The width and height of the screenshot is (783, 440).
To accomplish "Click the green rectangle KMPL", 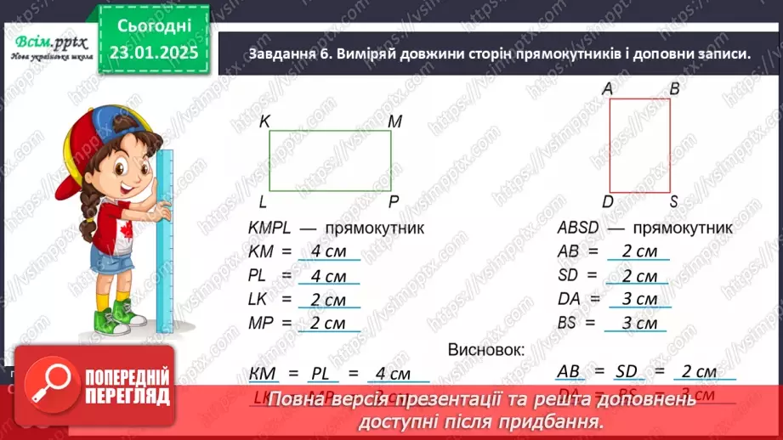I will tap(331, 161).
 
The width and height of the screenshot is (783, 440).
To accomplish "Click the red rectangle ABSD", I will tap(639, 145).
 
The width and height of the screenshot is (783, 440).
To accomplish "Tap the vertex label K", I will tap(264, 121).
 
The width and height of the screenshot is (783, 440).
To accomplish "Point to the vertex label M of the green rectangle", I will tap(394, 121).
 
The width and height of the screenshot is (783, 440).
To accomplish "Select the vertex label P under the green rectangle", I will tap(394, 201).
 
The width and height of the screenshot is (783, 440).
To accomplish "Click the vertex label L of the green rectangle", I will tap(264, 201).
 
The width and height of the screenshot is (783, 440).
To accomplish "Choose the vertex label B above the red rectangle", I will tap(673, 88).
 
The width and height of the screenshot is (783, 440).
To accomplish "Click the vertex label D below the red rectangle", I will tap(607, 201).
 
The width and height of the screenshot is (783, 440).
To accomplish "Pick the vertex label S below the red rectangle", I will tap(673, 201).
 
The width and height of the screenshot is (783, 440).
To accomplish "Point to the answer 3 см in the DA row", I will tap(638, 299).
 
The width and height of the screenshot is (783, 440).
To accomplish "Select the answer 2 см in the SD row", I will tap(638, 276).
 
